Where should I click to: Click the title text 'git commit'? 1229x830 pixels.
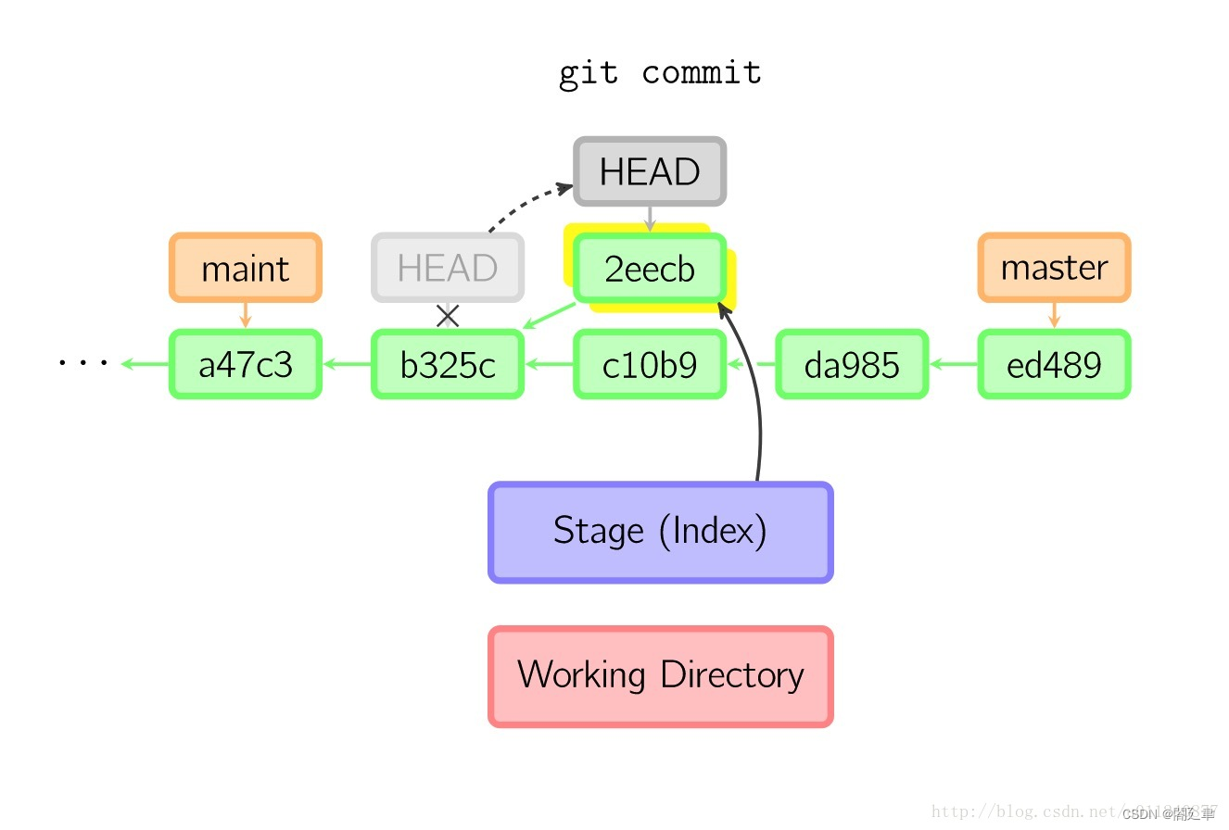pos(660,73)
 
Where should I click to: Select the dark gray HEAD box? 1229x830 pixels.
pos(649,172)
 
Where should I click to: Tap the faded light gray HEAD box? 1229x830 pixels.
pos(448,268)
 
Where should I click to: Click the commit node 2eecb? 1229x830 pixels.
pos(649,269)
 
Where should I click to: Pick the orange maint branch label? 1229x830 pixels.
pos(246,269)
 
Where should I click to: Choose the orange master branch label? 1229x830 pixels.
pos(1054,268)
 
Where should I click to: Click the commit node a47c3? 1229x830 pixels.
pos(246,365)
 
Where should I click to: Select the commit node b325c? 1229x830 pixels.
pos(448,365)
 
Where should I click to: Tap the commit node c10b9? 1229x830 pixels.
pos(649,365)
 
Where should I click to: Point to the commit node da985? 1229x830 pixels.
pos(852,365)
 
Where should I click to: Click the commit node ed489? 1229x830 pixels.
pos(1054,365)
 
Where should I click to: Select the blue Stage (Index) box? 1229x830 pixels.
pos(660,532)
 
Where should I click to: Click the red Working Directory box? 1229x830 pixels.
pos(660,675)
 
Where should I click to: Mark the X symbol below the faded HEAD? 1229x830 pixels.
pos(448,316)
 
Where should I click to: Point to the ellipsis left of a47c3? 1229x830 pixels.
pos(82,363)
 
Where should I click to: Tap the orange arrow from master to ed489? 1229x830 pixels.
pos(1054,315)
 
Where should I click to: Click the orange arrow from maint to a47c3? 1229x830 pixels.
pos(246,315)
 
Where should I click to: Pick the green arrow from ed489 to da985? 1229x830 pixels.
pos(953,365)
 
